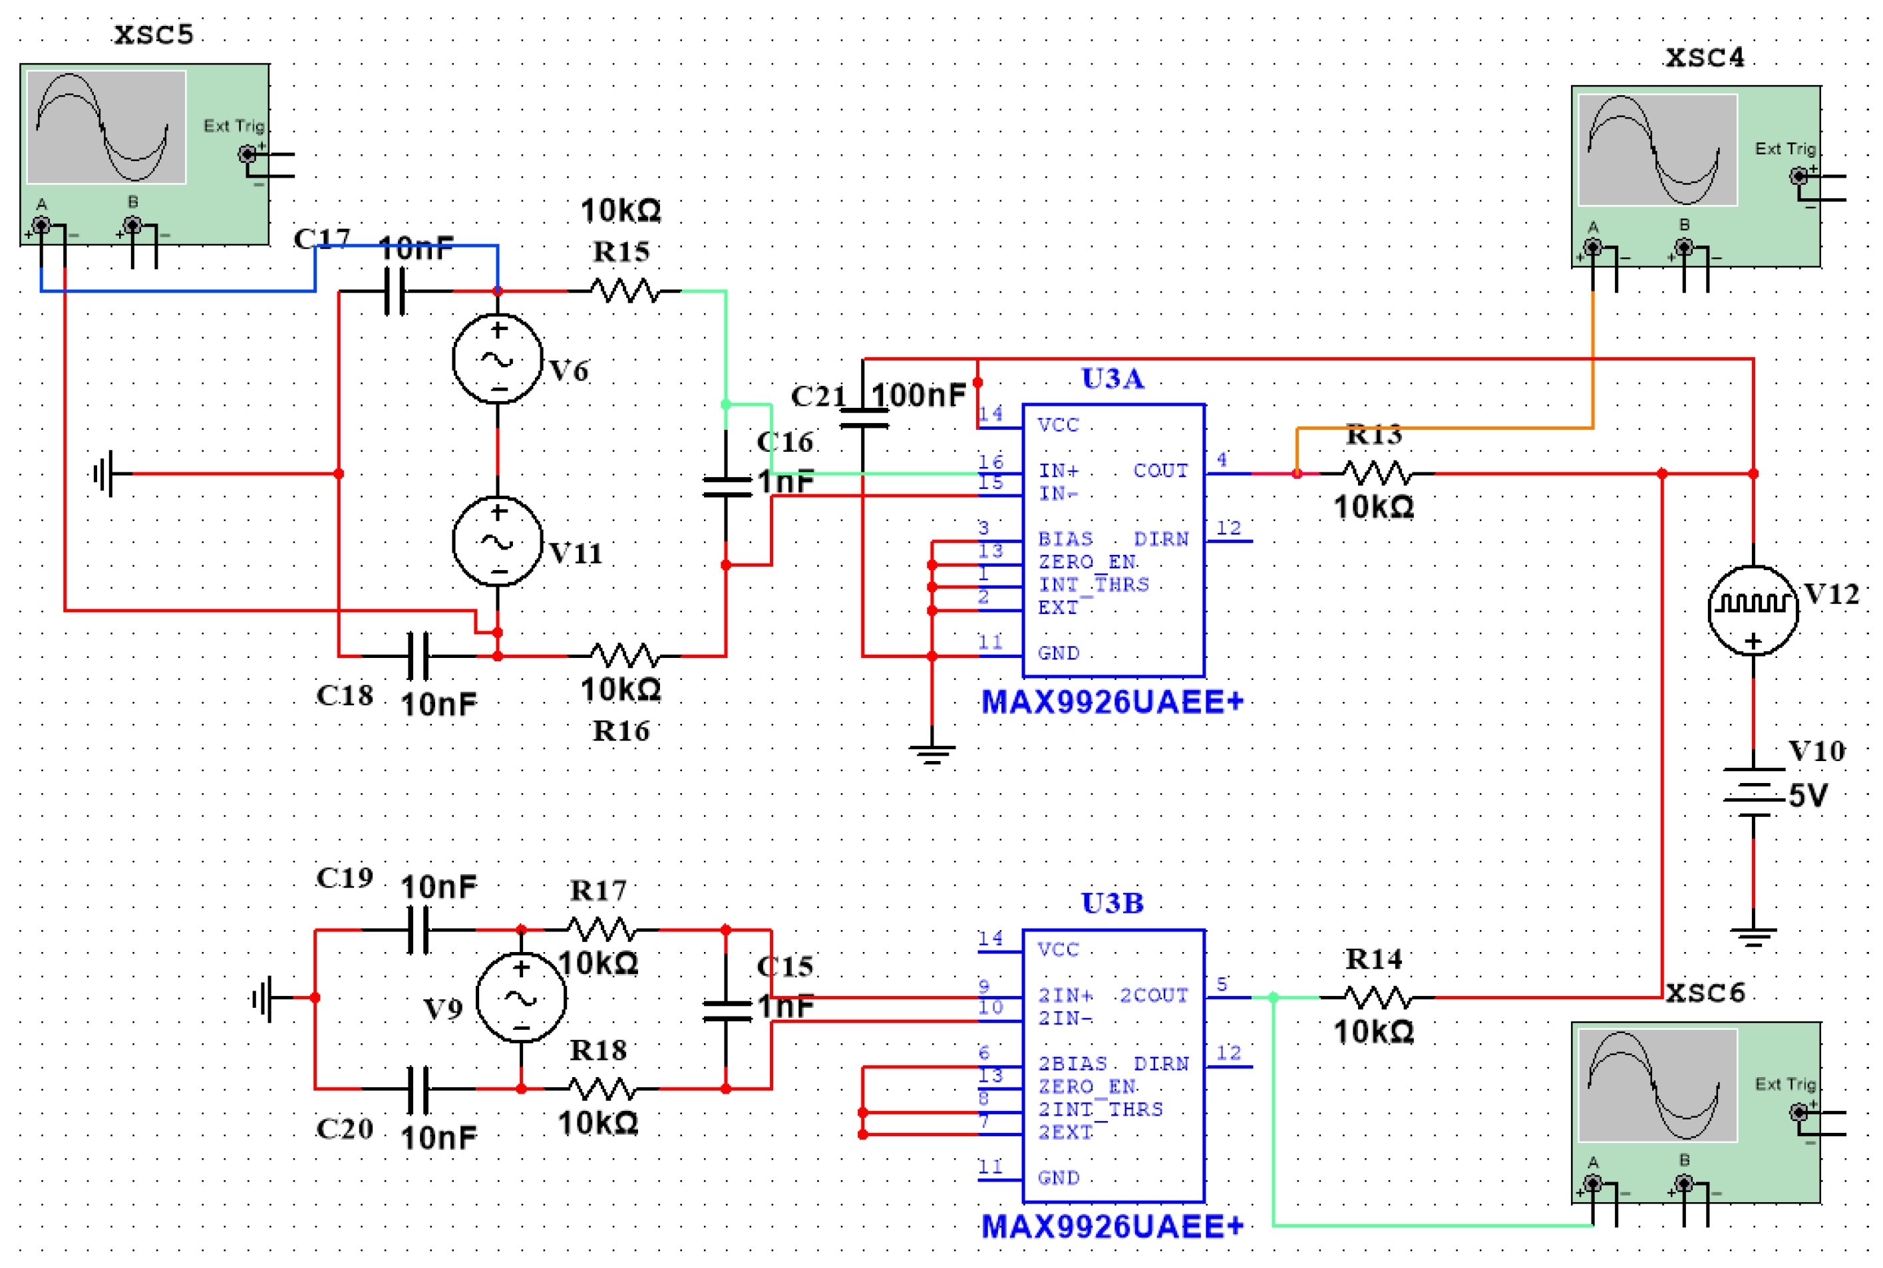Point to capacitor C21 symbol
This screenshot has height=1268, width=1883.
click(x=863, y=419)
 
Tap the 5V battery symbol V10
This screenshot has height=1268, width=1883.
click(x=1752, y=792)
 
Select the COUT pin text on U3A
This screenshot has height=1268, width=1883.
click(x=1160, y=470)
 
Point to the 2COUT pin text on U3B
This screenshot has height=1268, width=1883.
click(x=1152, y=995)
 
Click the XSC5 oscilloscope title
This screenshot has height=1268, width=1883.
click(x=154, y=35)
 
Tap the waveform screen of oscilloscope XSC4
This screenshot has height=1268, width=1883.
click(x=1657, y=150)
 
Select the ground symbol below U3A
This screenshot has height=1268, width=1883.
click(x=932, y=754)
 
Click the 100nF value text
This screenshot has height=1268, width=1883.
click(x=918, y=395)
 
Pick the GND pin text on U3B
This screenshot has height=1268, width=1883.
click(x=1058, y=1178)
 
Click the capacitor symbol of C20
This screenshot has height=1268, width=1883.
click(x=417, y=1088)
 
